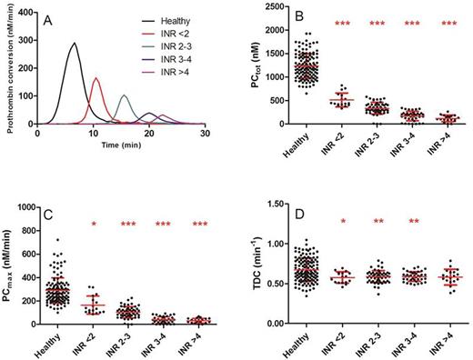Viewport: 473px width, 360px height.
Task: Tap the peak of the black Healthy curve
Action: click(75, 44)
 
